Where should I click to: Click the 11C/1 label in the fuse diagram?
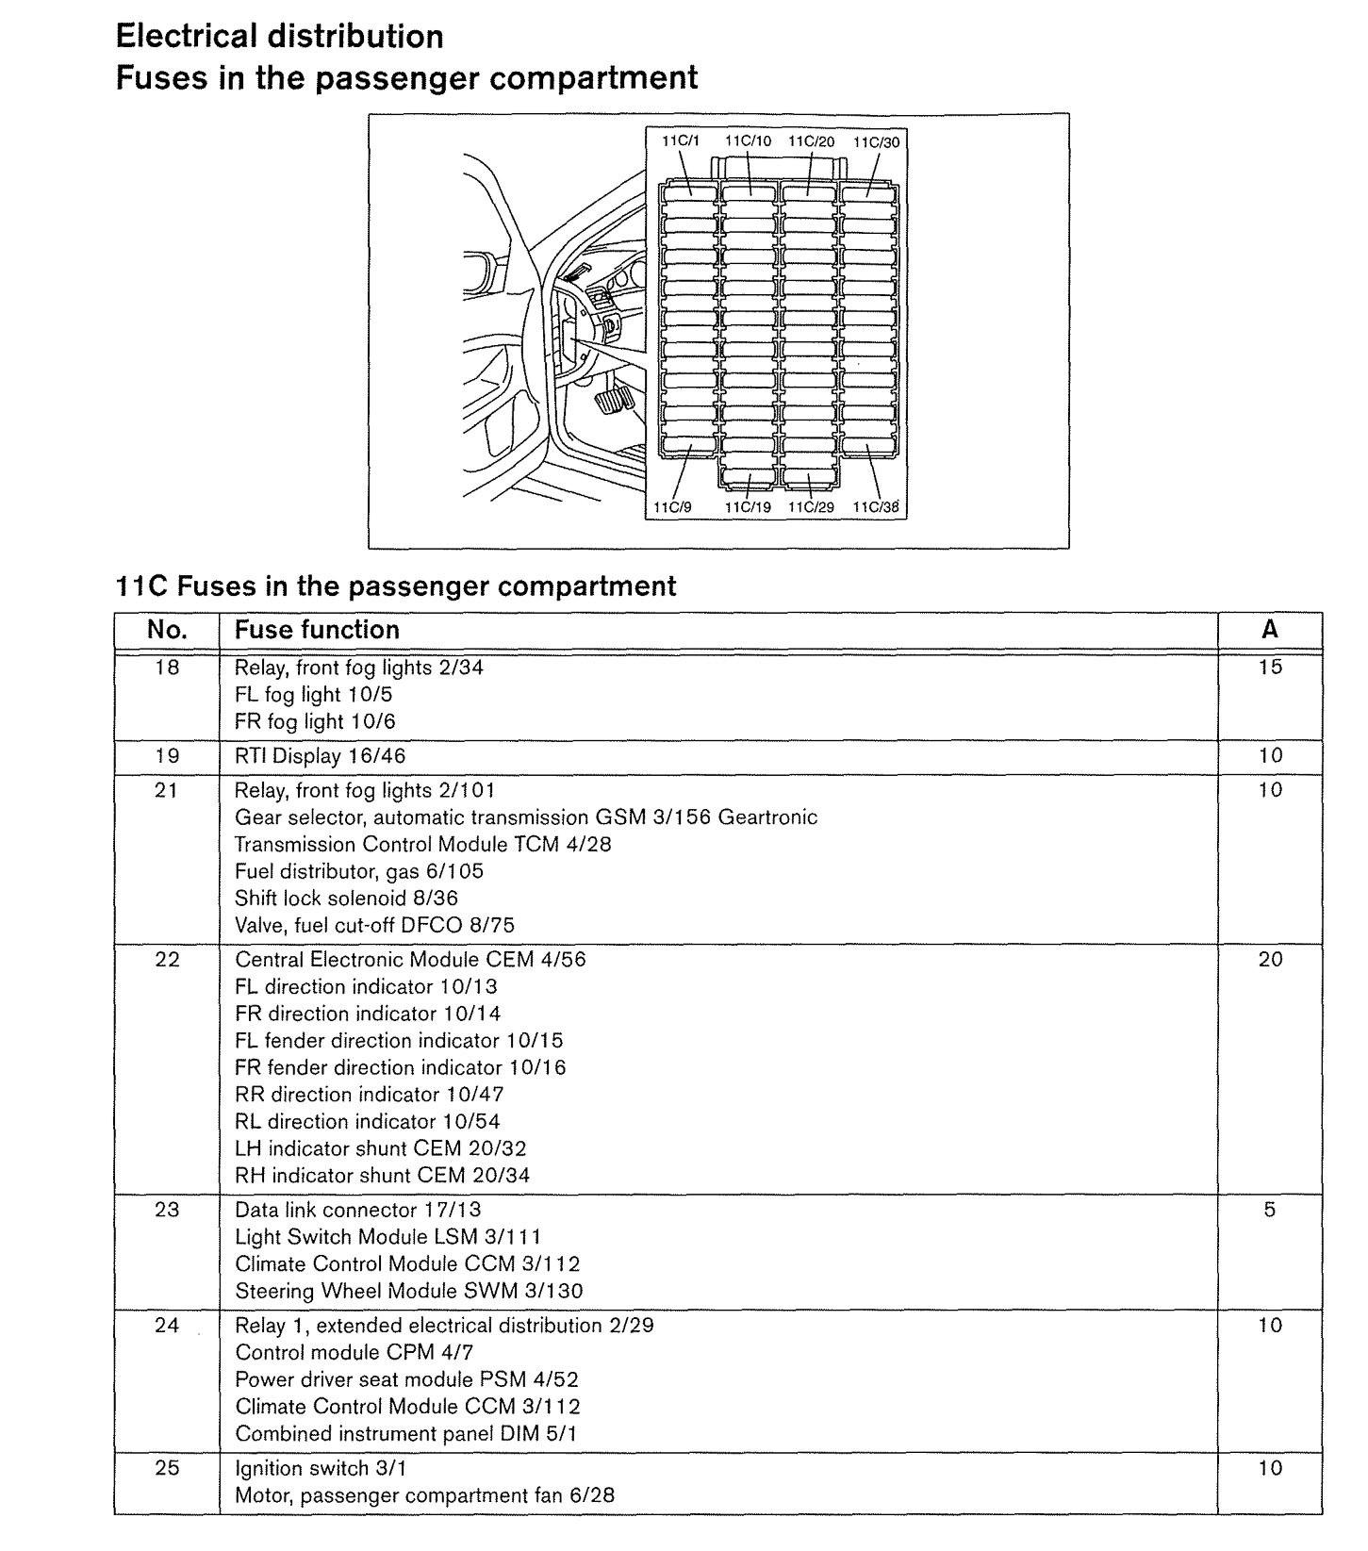point(680,141)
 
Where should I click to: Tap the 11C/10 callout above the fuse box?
point(748,141)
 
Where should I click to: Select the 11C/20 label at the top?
point(811,141)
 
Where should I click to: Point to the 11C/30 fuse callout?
point(877,141)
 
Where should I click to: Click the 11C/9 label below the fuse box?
point(672,507)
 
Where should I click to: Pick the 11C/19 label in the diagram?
point(748,507)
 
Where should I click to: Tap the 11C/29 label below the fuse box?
point(811,507)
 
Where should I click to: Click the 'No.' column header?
point(167,630)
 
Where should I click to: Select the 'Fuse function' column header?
point(317,630)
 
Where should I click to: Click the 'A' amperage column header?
point(1269,630)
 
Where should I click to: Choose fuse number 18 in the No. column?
point(167,668)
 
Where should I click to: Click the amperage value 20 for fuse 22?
point(1270,960)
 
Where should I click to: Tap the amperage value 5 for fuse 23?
point(1270,1210)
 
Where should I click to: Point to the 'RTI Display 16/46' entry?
point(321,756)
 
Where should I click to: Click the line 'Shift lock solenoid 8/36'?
point(346,899)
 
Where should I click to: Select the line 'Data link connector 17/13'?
point(357,1210)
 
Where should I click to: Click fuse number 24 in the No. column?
point(167,1326)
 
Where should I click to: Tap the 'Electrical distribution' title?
point(279,37)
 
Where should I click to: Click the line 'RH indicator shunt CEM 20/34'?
point(382,1176)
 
